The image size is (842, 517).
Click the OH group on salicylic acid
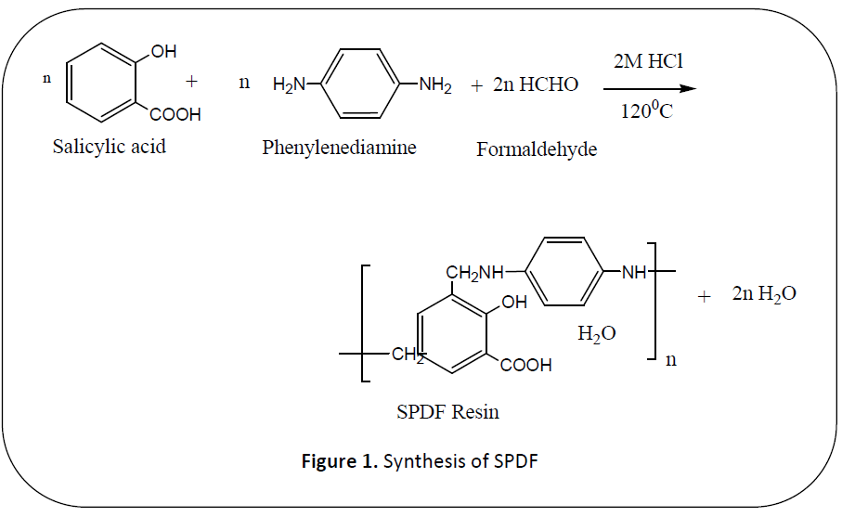coord(163,52)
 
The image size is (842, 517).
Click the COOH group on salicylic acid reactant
coord(175,116)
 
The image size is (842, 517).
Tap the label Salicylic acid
coord(110,147)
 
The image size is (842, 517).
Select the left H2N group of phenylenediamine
coord(289,86)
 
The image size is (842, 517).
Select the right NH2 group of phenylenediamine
coord(435,86)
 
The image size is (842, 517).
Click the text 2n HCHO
coord(537,85)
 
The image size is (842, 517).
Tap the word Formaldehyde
coord(537,149)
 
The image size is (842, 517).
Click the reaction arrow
coord(649,89)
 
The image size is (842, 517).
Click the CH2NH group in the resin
coord(474,273)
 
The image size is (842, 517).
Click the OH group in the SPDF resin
coord(513,302)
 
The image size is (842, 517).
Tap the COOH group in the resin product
coord(525,366)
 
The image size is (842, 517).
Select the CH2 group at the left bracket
coord(407,355)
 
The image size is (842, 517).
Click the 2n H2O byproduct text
coord(763,294)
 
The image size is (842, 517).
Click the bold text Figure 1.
coord(340,460)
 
